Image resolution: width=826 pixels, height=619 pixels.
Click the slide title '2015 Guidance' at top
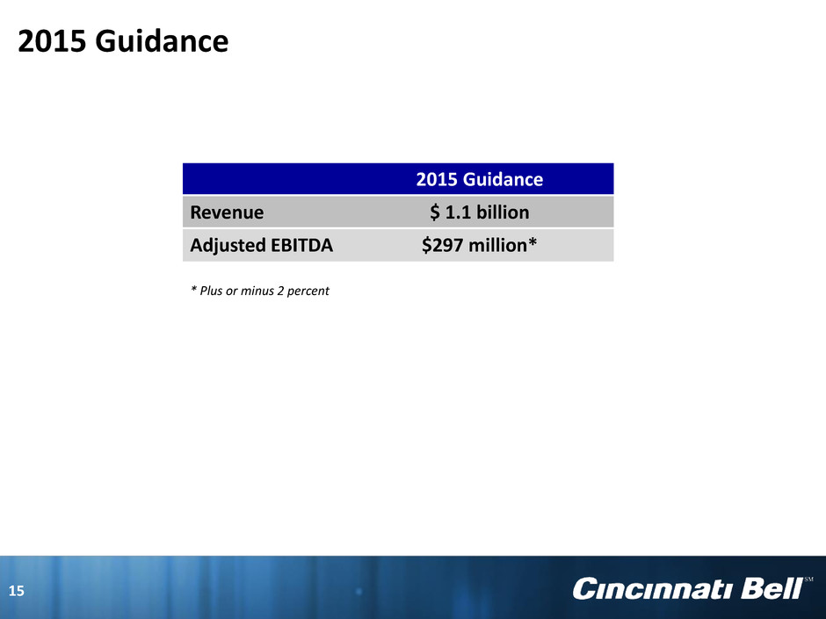click(x=123, y=41)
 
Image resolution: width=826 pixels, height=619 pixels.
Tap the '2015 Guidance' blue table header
click(x=480, y=179)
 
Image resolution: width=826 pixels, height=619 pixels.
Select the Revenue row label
click(x=227, y=212)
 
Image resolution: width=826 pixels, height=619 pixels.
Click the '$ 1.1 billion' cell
click(x=480, y=212)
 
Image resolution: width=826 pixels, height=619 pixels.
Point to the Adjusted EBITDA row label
click(x=261, y=245)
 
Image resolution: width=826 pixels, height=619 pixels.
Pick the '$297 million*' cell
click(x=480, y=245)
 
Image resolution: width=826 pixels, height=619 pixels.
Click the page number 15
click(x=17, y=591)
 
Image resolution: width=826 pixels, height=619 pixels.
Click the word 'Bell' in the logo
click(x=772, y=588)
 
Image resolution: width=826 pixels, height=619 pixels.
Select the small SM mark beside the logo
click(x=808, y=579)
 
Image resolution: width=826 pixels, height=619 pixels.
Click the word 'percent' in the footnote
click(x=308, y=292)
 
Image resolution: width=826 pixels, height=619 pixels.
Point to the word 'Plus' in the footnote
click(x=211, y=291)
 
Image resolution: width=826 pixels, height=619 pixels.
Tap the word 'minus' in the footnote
click(x=257, y=291)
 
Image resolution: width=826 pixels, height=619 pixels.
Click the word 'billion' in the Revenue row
click(x=503, y=212)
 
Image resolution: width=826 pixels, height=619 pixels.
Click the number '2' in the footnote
click(x=280, y=291)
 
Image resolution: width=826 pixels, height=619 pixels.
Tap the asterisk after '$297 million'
click(x=533, y=241)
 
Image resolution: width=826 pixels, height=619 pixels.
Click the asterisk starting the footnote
click(x=193, y=289)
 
